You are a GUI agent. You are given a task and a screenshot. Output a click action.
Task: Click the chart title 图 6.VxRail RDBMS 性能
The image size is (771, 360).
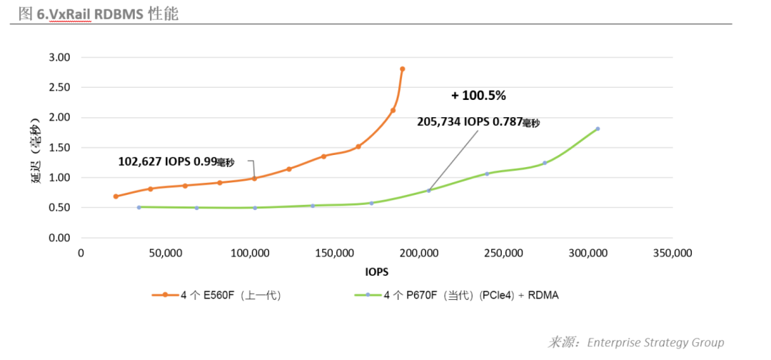click(99, 14)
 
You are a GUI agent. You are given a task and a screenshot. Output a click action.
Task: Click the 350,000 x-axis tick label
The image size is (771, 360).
click(672, 254)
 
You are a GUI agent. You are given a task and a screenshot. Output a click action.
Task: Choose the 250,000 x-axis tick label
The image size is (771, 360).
click(504, 254)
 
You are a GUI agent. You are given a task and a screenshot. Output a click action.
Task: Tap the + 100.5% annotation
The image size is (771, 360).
click(478, 95)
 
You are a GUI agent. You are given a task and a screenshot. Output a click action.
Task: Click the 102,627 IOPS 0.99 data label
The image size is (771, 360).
click(176, 162)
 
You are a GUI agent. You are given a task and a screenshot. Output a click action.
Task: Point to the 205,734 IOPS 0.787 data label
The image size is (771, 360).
click(478, 122)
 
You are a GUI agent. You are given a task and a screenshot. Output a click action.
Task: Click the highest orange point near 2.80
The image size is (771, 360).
click(403, 69)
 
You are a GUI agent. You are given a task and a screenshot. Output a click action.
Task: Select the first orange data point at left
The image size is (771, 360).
click(116, 196)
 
